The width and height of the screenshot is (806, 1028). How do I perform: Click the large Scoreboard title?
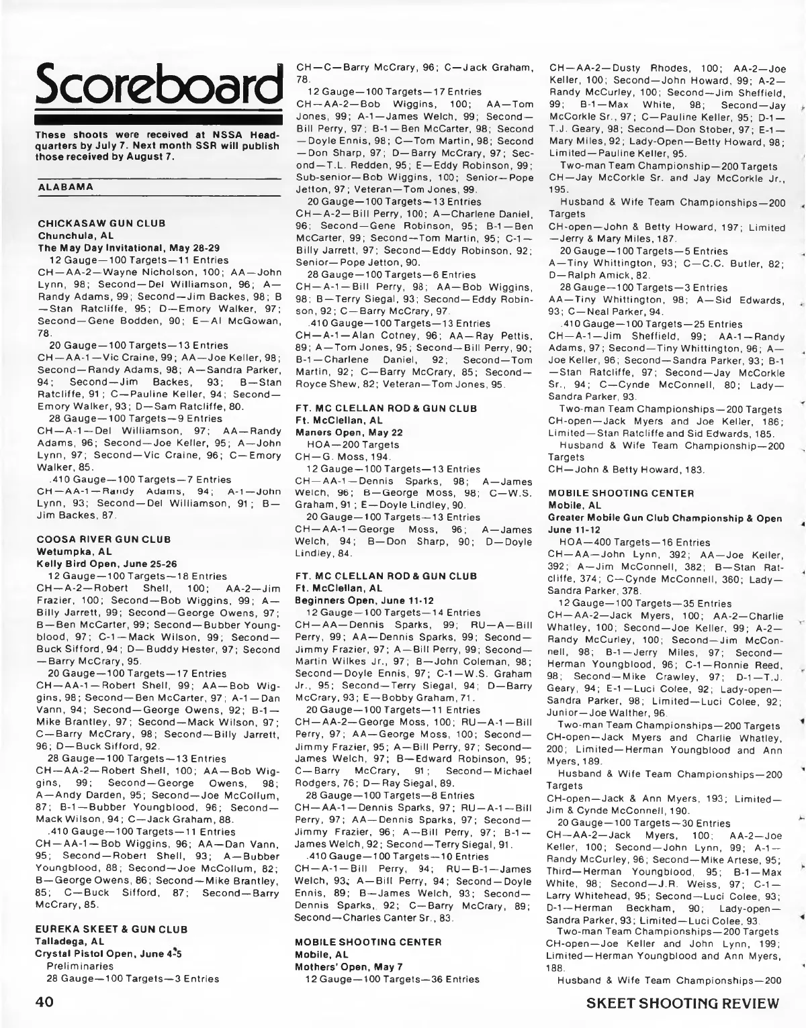[x=157, y=84]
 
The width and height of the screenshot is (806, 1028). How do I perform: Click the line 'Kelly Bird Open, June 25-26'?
[x=99, y=564]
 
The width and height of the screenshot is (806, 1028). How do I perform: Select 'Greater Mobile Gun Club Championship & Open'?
[x=665, y=518]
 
